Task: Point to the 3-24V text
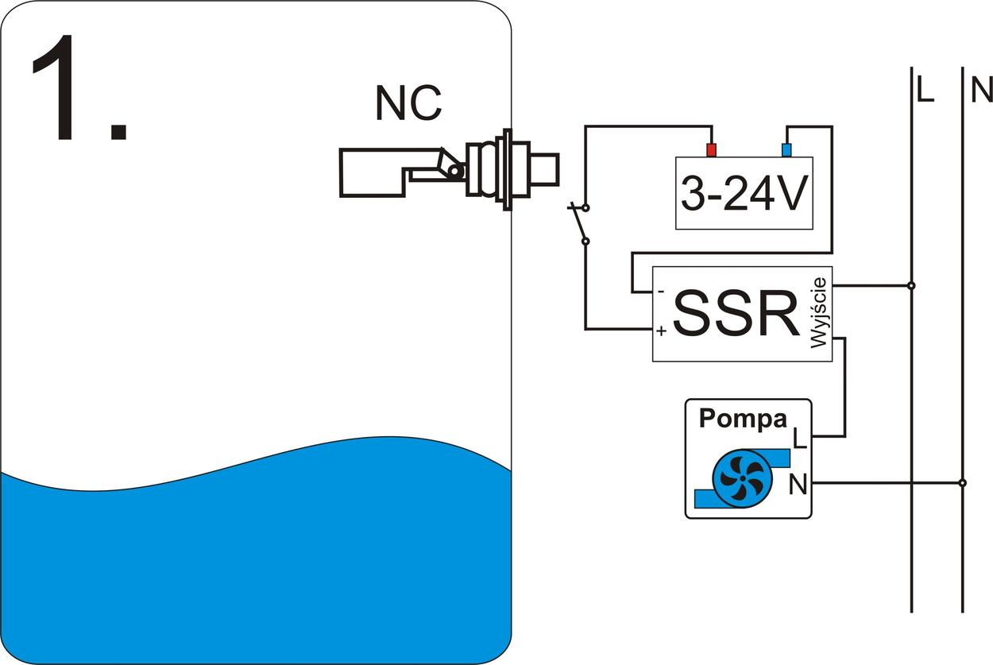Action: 744,193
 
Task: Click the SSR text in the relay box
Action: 736,315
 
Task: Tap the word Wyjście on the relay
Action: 819,313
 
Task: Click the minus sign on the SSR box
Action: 661,291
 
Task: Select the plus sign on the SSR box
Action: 661,330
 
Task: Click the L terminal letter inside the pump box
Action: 799,438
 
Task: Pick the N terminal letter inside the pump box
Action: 798,484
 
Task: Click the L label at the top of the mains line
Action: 925,91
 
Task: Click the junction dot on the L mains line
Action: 911,285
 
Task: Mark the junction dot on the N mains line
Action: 962,482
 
